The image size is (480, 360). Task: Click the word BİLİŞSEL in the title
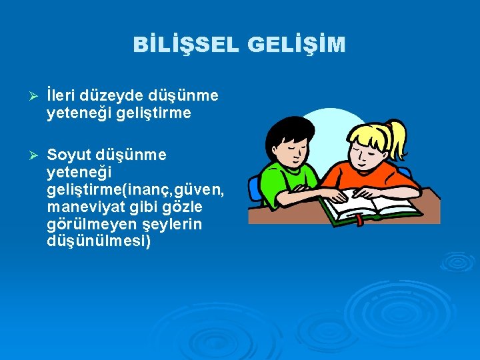tap(185, 45)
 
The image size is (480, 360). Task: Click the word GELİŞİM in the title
tap(296, 45)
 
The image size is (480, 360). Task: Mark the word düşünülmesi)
tap(99, 241)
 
